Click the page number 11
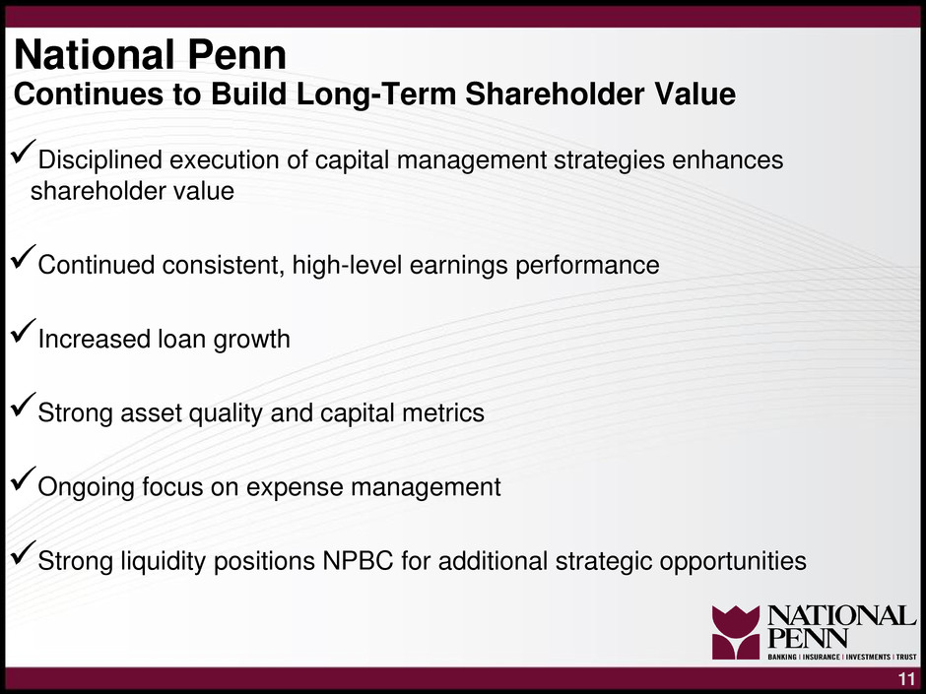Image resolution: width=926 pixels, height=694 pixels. click(906, 678)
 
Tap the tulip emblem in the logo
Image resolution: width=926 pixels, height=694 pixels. click(735, 632)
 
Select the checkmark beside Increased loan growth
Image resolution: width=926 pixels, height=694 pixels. click(23, 332)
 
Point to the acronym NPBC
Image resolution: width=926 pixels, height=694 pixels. click(358, 561)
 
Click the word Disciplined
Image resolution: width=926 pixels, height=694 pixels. click(99, 159)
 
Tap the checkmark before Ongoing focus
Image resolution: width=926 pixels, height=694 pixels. click(23, 479)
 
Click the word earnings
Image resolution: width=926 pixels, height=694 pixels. click(458, 266)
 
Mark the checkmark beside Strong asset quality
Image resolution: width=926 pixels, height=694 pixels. click(23, 406)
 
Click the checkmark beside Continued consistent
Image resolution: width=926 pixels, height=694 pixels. click(23, 257)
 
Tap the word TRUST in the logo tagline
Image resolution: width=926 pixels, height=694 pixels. click(906, 657)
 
